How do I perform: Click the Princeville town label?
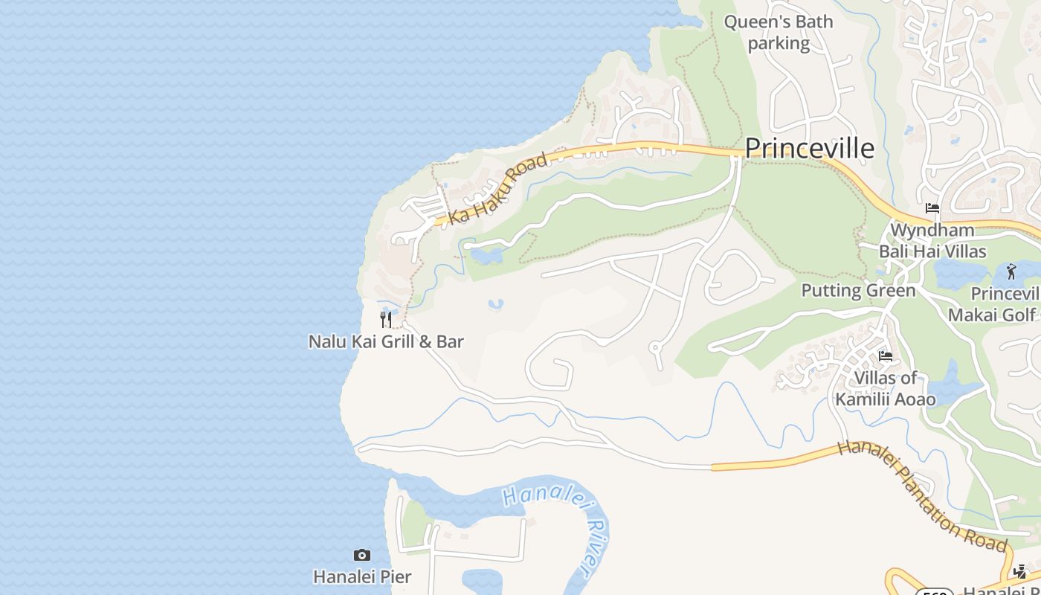809,149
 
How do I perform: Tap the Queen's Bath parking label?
779,33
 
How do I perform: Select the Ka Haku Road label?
498,189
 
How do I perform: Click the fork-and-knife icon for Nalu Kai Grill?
386,320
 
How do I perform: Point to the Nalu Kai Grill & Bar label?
386,342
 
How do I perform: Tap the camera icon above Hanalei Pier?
362,555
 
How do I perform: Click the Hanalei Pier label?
362,577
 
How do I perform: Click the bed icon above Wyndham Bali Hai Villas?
932,208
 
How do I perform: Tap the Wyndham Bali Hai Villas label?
932,240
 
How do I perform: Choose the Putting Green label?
858,291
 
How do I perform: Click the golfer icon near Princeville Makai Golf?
1011,271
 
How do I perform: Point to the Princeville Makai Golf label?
993,305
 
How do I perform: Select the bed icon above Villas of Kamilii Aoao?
886,356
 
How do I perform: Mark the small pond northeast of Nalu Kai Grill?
495,304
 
